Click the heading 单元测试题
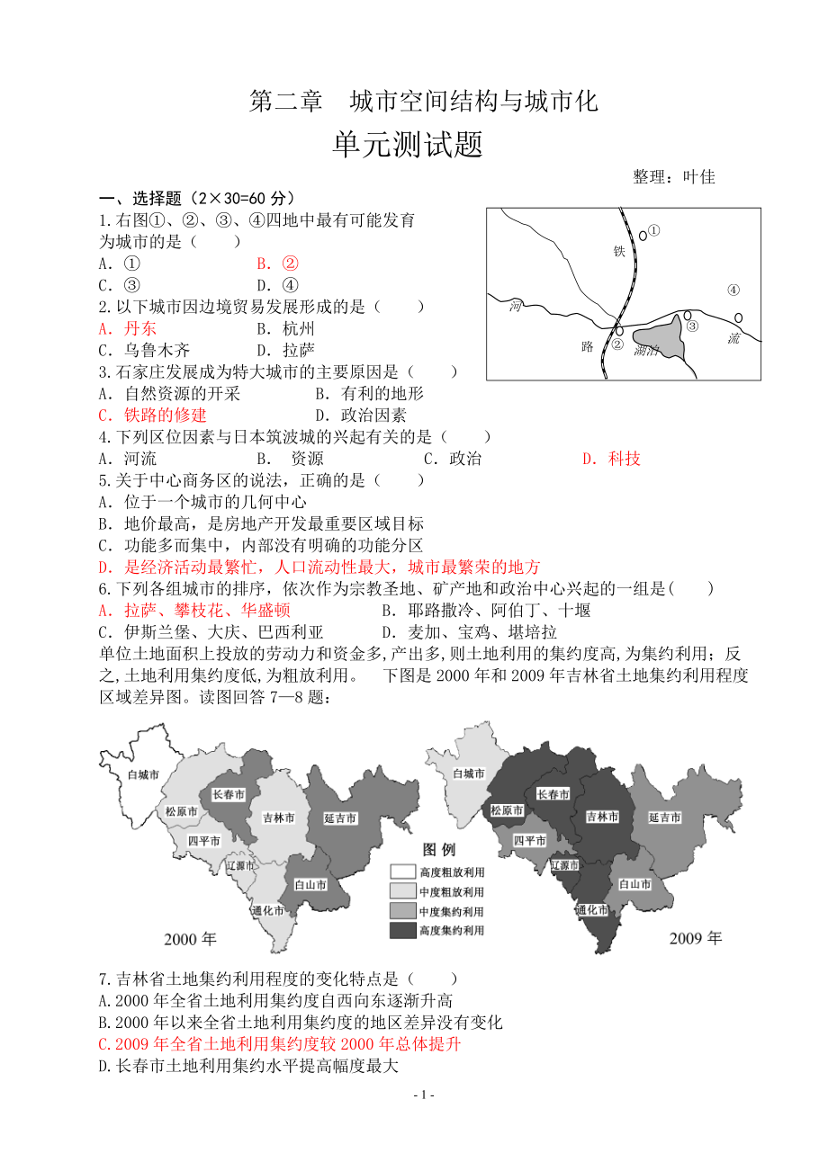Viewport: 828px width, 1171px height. point(408,144)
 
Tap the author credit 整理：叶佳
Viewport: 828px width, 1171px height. point(673,177)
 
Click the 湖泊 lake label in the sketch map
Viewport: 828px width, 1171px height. point(646,350)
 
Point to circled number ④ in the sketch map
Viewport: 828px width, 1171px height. point(733,290)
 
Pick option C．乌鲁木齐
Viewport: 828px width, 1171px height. point(144,350)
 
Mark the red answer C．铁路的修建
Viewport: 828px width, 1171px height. point(152,415)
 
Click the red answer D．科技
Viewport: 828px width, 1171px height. point(611,459)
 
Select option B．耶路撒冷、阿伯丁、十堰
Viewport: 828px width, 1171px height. point(486,610)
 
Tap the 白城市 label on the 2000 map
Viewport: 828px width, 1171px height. point(144,773)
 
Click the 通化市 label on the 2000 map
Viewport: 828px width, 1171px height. point(267,910)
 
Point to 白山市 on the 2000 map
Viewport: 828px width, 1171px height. point(310,884)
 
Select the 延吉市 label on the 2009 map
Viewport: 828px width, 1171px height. point(664,817)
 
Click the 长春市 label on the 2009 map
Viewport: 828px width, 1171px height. point(553,794)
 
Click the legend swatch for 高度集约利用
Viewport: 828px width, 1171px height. point(401,930)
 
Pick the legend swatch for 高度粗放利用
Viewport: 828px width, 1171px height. point(401,871)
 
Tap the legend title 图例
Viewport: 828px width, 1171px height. point(440,848)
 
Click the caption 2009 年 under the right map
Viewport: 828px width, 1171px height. point(695,938)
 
